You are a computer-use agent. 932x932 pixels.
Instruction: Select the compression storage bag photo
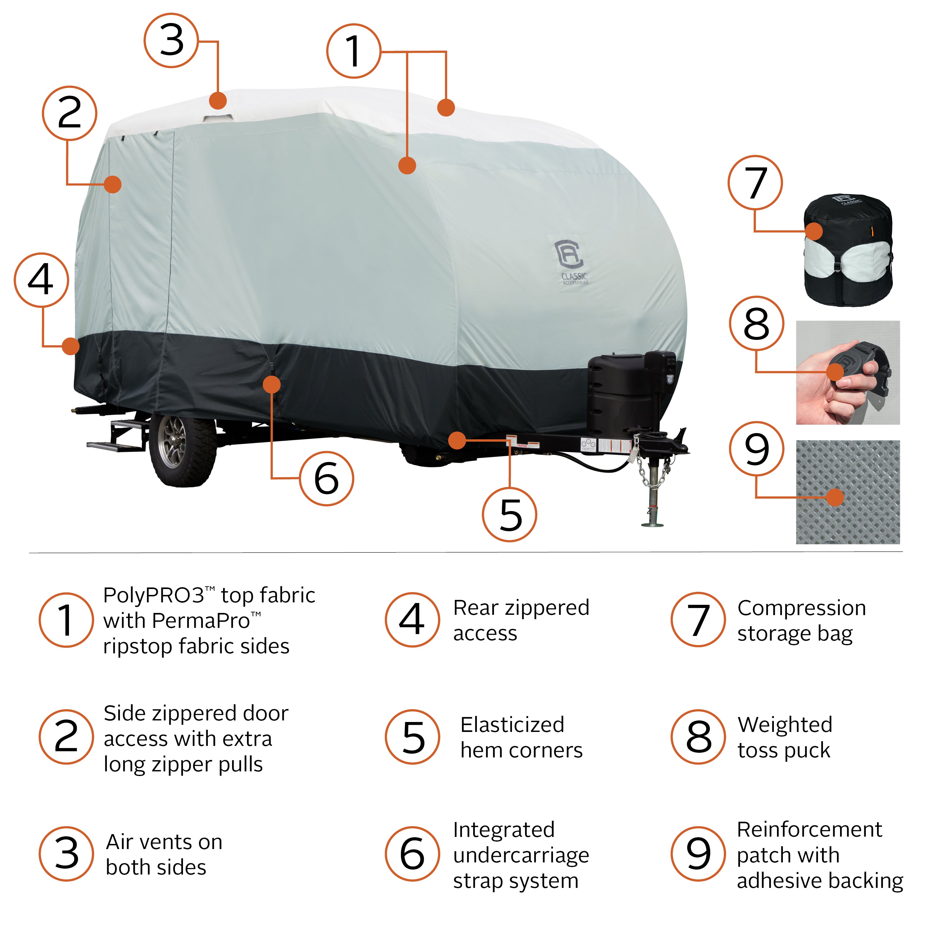pyautogui.click(x=847, y=250)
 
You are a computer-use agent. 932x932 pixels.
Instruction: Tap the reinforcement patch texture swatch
pyautogui.click(x=847, y=492)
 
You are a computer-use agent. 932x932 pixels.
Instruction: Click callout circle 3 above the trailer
pyautogui.click(x=171, y=40)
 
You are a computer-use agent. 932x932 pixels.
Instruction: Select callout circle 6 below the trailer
pyautogui.click(x=327, y=478)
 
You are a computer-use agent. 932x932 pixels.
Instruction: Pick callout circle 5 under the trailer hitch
pyautogui.click(x=509, y=514)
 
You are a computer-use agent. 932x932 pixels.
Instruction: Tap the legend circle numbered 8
pyautogui.click(x=698, y=737)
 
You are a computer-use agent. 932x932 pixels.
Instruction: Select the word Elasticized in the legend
pyautogui.click(x=512, y=724)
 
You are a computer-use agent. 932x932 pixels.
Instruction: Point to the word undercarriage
pyautogui.click(x=521, y=855)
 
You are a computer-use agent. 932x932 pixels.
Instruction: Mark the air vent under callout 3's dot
pyautogui.click(x=217, y=118)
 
